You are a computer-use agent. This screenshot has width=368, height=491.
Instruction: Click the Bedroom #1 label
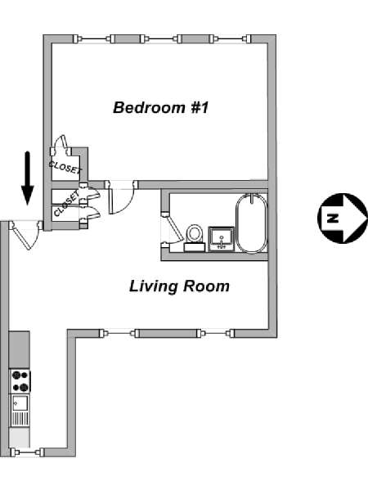[160, 107]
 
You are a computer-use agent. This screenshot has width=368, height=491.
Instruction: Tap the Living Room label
[179, 286]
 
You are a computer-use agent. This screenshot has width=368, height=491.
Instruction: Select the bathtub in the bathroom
[252, 223]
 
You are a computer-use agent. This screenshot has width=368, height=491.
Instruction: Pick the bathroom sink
[222, 239]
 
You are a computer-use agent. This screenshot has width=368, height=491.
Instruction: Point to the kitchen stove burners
[20, 381]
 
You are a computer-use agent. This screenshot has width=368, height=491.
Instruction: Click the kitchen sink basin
[20, 403]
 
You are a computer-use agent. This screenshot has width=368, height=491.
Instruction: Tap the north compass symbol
[343, 218]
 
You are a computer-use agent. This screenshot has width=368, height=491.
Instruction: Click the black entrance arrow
[28, 178]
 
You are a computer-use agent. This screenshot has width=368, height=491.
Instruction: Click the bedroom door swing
[121, 197]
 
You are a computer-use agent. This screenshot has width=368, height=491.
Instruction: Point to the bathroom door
[173, 227]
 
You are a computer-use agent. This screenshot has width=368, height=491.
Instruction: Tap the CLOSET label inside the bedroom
[65, 167]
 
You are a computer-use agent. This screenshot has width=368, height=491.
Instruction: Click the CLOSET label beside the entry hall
[66, 204]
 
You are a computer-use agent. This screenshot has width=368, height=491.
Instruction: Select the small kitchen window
[27, 453]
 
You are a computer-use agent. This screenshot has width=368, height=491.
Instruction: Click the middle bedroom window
[160, 38]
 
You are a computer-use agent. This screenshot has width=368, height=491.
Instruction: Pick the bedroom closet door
[61, 145]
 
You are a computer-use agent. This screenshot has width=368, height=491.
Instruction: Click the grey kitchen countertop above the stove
[20, 350]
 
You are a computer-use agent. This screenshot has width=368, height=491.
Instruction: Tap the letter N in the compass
[334, 218]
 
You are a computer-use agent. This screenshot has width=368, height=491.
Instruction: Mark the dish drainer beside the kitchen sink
[20, 418]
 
